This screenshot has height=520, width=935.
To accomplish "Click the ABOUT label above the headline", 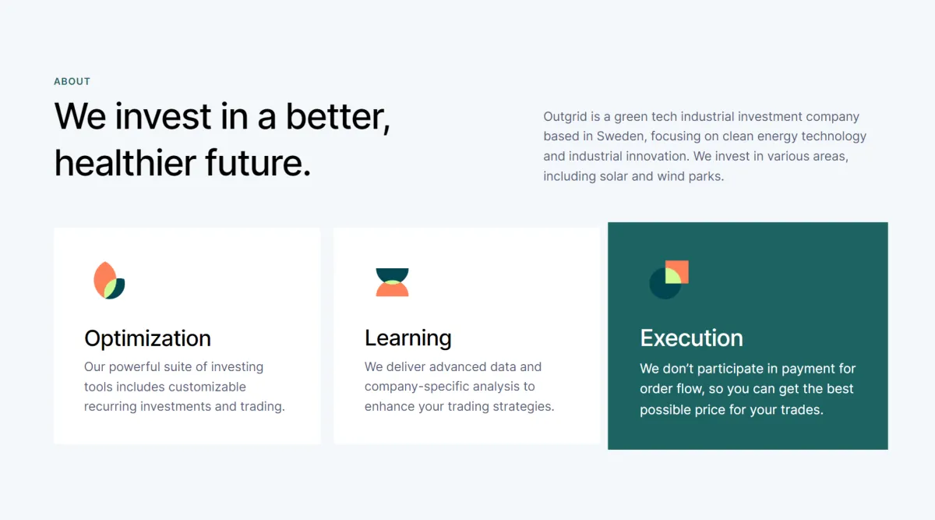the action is coord(72,81).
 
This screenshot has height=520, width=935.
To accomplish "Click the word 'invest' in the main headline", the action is coord(163,116).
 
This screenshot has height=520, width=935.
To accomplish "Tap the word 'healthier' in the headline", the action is coord(125,163).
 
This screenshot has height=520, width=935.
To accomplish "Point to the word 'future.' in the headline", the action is coord(258,163).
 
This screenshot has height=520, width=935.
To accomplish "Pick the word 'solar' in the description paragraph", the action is coord(614,176).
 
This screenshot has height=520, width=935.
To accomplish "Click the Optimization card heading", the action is coord(147,338).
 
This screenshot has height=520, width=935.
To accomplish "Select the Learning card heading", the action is coord(408,338).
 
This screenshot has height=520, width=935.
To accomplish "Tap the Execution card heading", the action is coord(691,338).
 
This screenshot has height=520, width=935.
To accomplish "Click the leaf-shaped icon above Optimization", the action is coord(109,280).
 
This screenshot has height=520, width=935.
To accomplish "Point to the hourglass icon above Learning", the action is coord(392,282).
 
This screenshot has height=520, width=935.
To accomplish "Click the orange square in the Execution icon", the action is coord(676,272).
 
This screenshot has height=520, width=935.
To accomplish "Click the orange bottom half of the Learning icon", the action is coord(392,289).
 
